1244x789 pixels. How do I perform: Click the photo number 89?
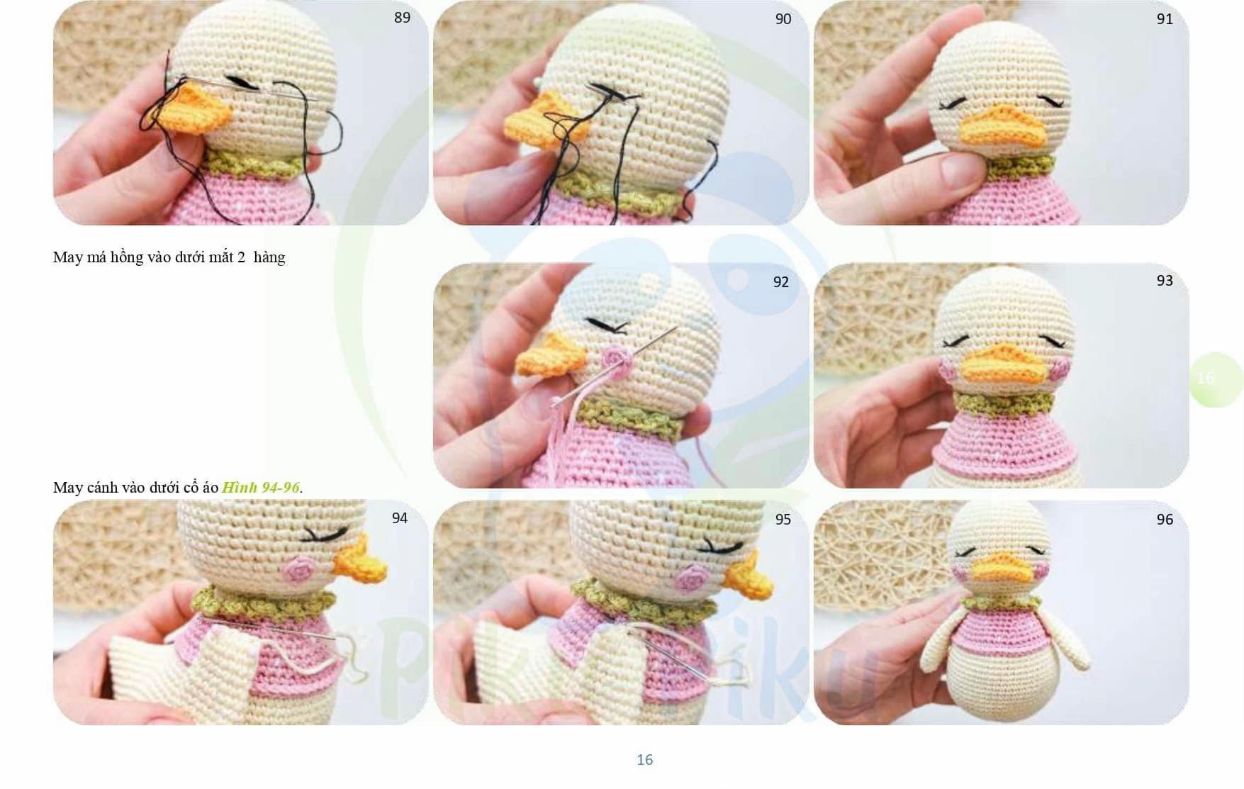pos(402,18)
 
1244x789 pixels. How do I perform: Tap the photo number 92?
pos(780,282)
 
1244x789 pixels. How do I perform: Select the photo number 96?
pos(1165,520)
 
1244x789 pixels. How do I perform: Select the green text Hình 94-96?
pos(261,488)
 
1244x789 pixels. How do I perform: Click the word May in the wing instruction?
pos(67,488)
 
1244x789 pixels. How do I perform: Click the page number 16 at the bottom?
pos(644,760)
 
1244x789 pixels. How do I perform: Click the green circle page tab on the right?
pos(1215,379)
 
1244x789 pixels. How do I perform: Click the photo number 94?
pos(400,519)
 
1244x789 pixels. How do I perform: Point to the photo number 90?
pos(783,19)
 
